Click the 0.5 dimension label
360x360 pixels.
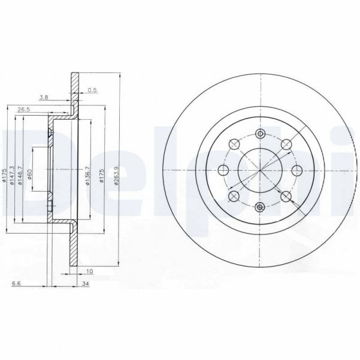(x=92, y=90)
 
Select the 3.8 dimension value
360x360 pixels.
(x=44, y=98)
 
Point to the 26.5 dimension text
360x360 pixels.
(x=24, y=110)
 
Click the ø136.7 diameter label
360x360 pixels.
(x=87, y=176)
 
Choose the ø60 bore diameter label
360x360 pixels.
(x=29, y=174)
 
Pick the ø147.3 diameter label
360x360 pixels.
(x=12, y=176)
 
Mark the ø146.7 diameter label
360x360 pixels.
(x=20, y=176)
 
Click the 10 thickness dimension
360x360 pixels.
(x=90, y=271)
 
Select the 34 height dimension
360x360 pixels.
(x=86, y=283)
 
